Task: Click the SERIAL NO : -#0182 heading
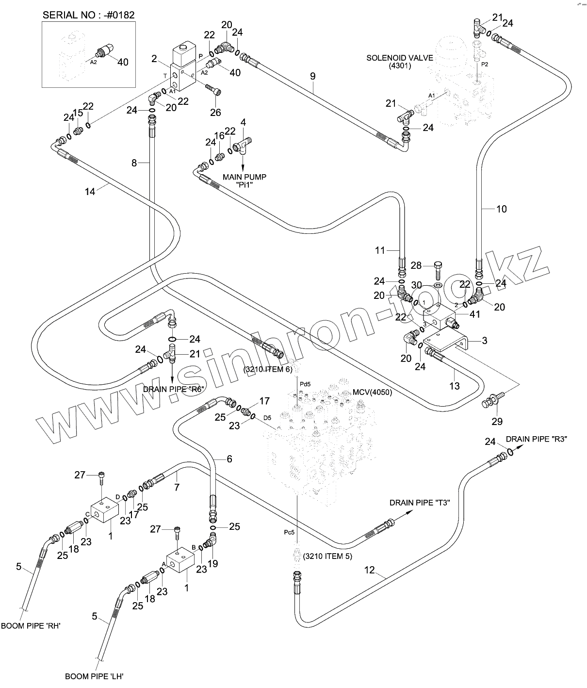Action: click(89, 15)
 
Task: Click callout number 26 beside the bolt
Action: click(215, 112)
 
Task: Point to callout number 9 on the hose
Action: click(312, 76)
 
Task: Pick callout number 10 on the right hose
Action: click(501, 209)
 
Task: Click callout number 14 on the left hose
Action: click(90, 191)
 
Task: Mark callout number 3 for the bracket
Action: click(484, 341)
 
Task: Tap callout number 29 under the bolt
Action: click(497, 421)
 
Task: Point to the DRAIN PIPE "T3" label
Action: click(420, 503)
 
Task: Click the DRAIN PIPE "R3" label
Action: click(537, 439)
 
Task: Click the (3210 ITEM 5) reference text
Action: click(327, 557)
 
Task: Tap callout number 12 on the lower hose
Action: click(370, 570)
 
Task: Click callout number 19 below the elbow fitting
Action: click(212, 563)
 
